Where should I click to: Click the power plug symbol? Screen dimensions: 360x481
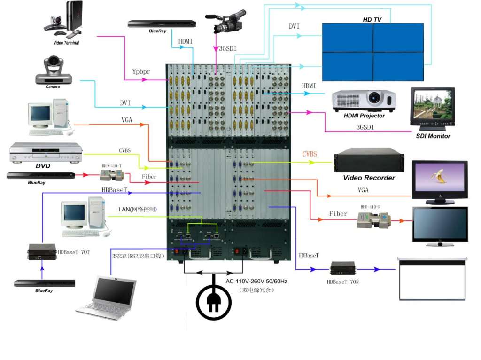(x=214, y=301)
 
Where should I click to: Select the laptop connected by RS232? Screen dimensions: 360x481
(x=107, y=298)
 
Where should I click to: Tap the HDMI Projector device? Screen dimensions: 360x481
(x=364, y=100)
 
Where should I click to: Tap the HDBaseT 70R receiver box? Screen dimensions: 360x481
(x=343, y=268)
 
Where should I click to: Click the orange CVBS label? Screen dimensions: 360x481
(x=310, y=154)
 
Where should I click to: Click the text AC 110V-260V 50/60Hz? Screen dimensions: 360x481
(x=256, y=281)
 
